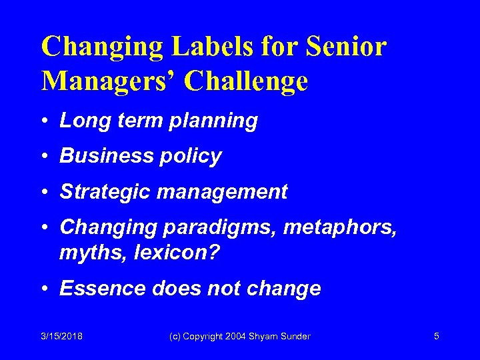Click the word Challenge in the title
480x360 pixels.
pos(246,81)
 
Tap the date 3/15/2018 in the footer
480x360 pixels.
pos(61,337)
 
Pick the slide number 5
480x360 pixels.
pos(436,337)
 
